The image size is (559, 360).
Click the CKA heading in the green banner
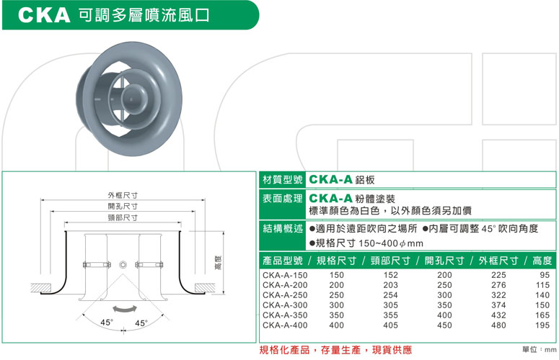45,15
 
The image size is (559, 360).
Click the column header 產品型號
281,261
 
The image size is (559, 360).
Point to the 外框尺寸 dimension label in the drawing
123,195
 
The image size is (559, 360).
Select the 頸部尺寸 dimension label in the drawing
123,217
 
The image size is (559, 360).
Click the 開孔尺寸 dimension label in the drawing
123,206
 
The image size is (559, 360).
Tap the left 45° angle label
107,322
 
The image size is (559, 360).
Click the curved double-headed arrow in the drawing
123,307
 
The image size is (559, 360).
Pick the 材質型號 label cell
281,180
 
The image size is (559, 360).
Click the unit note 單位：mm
537,350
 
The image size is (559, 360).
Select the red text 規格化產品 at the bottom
285,350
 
